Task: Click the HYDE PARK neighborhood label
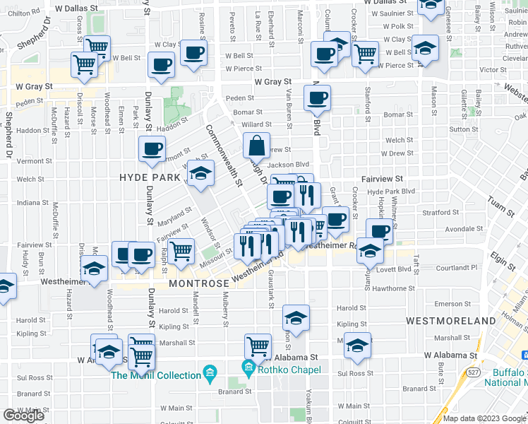(150, 177)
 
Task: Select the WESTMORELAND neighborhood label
(451, 321)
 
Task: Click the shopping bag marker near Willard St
(256, 146)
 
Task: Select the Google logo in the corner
(23, 416)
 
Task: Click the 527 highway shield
(471, 371)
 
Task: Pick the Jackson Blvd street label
(289, 165)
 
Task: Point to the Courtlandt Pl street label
(457, 268)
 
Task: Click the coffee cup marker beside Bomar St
(317, 98)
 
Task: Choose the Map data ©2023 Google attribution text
(484, 418)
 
